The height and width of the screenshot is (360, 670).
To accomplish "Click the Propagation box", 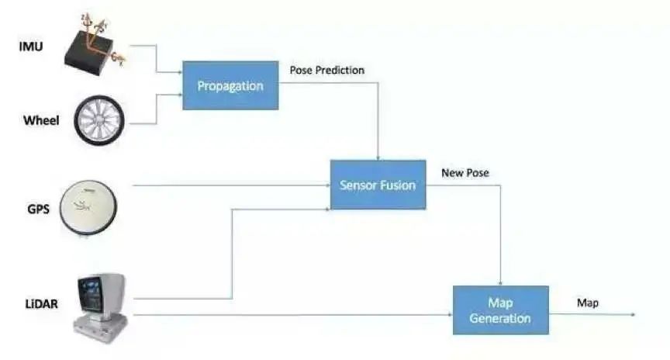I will [x=230, y=85].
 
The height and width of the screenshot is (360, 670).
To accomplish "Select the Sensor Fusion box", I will [x=378, y=185].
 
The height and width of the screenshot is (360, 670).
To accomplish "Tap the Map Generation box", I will [x=500, y=310].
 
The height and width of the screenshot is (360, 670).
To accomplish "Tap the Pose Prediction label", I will [x=326, y=71].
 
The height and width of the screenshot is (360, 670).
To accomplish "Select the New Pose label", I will [x=465, y=172].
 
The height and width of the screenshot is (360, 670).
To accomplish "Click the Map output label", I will [x=587, y=303].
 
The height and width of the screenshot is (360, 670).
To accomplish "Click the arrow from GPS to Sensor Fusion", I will [x=233, y=185].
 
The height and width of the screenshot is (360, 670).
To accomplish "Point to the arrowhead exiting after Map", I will [x=632, y=314].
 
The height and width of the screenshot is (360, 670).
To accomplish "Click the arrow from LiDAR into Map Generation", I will [x=295, y=314].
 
